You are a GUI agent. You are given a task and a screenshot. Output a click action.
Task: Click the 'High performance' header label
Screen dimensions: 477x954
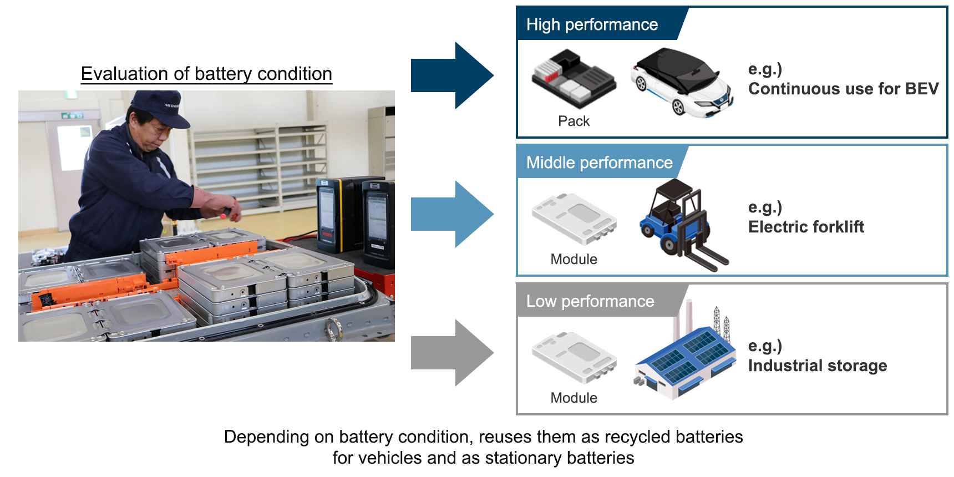[592, 24]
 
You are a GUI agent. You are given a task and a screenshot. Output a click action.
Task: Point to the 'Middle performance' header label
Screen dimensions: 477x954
[599, 163]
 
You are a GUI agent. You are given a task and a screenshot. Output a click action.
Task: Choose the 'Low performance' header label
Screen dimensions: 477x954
[590, 301]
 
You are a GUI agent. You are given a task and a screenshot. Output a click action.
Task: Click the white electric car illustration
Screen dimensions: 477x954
[682, 82]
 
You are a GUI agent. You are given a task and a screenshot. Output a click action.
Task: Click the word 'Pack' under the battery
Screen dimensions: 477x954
[574, 121]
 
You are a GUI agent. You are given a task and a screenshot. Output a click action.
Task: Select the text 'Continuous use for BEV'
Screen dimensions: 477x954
[843, 89]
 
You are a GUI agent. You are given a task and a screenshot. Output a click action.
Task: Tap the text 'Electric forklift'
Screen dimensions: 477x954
[806, 227]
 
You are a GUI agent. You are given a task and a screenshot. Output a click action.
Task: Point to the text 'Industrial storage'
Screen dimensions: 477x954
[817, 366]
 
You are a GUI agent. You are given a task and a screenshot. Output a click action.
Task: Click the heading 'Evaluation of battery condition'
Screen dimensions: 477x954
[206, 74]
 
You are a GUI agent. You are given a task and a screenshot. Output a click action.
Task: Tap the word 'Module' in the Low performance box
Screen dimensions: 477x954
[574, 398]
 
